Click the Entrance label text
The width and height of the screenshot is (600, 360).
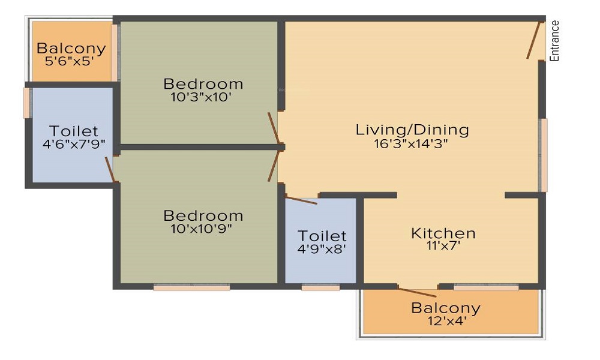[555, 41]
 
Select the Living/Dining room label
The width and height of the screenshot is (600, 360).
[412, 129]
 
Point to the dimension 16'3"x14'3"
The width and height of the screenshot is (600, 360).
[412, 143]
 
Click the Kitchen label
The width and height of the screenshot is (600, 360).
[443, 233]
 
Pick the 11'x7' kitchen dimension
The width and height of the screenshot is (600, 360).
[443, 246]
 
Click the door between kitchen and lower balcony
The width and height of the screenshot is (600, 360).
[417, 292]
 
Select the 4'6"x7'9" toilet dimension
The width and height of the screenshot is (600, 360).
[73, 144]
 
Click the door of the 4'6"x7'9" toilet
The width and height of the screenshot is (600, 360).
[110, 169]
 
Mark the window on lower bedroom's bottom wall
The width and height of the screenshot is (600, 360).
[191, 288]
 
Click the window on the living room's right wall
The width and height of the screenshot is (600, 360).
[544, 155]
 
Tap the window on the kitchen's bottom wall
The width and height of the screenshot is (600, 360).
[486, 287]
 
